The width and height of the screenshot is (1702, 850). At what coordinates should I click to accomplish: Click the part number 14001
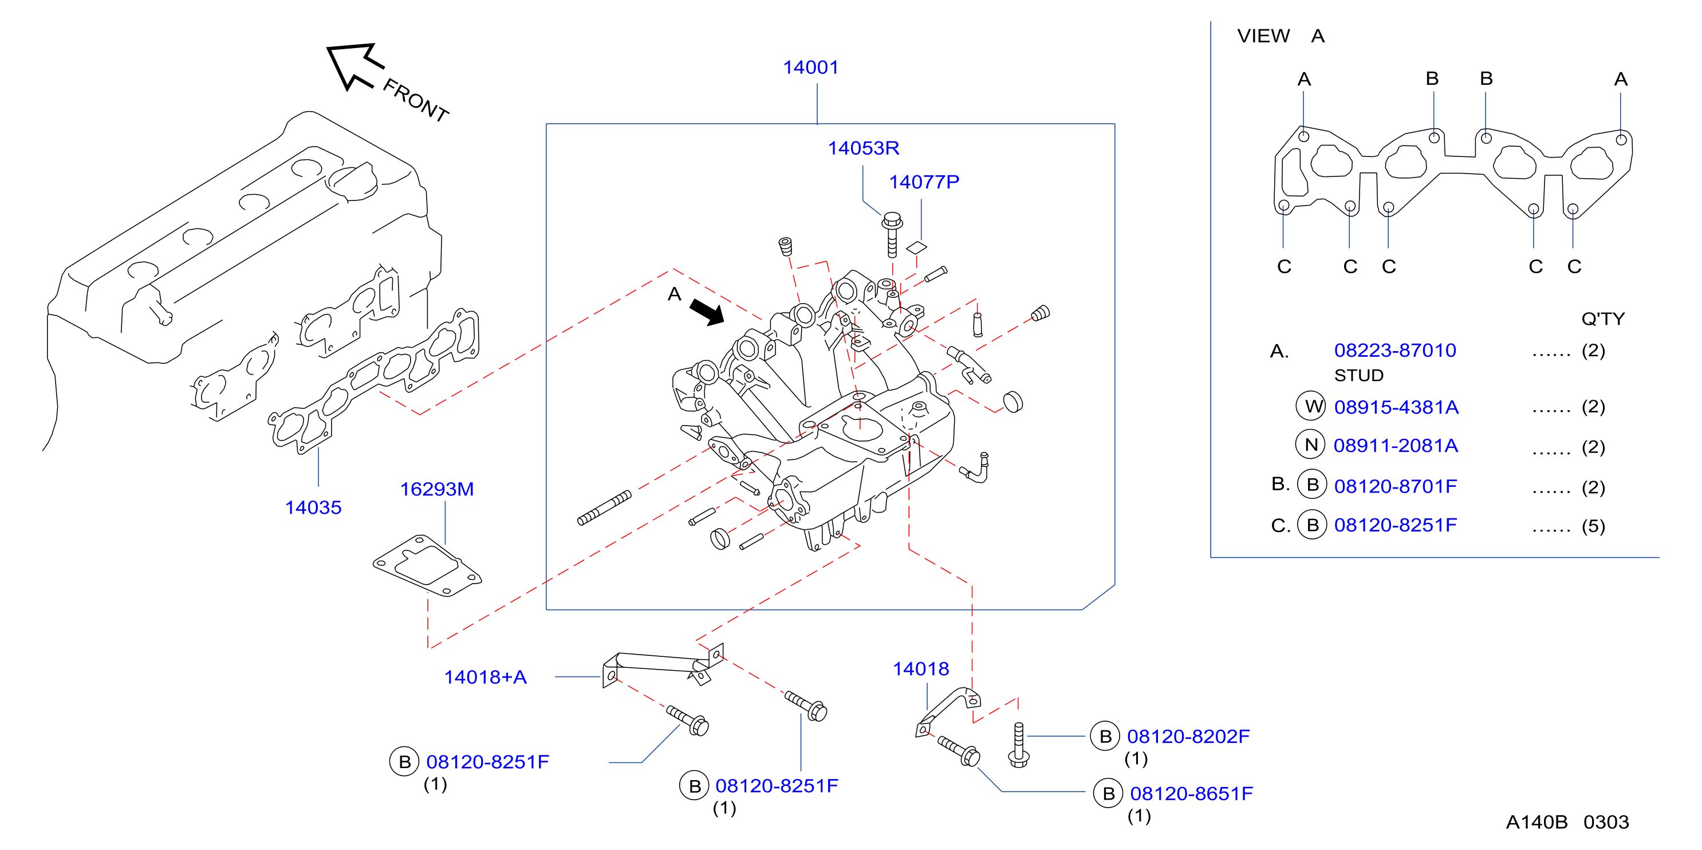pyautogui.click(x=811, y=68)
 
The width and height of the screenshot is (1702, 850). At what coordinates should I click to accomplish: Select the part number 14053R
pyautogui.click(x=864, y=148)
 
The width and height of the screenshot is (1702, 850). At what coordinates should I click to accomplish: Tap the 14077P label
pyautogui.click(x=924, y=182)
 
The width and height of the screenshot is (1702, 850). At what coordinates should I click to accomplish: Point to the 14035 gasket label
pyautogui.click(x=313, y=507)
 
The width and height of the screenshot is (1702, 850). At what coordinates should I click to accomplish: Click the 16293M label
pyautogui.click(x=437, y=489)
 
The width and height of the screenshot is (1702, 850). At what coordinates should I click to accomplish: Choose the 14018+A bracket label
pyautogui.click(x=485, y=677)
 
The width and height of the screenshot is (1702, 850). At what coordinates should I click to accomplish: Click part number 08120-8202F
pyautogui.click(x=1188, y=737)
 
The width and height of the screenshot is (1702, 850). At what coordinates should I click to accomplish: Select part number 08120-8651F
pyautogui.click(x=1191, y=793)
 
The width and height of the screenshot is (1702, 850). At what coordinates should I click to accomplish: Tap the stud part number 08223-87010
pyautogui.click(x=1395, y=351)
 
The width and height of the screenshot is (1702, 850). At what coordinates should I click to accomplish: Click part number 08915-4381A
pyautogui.click(x=1396, y=407)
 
